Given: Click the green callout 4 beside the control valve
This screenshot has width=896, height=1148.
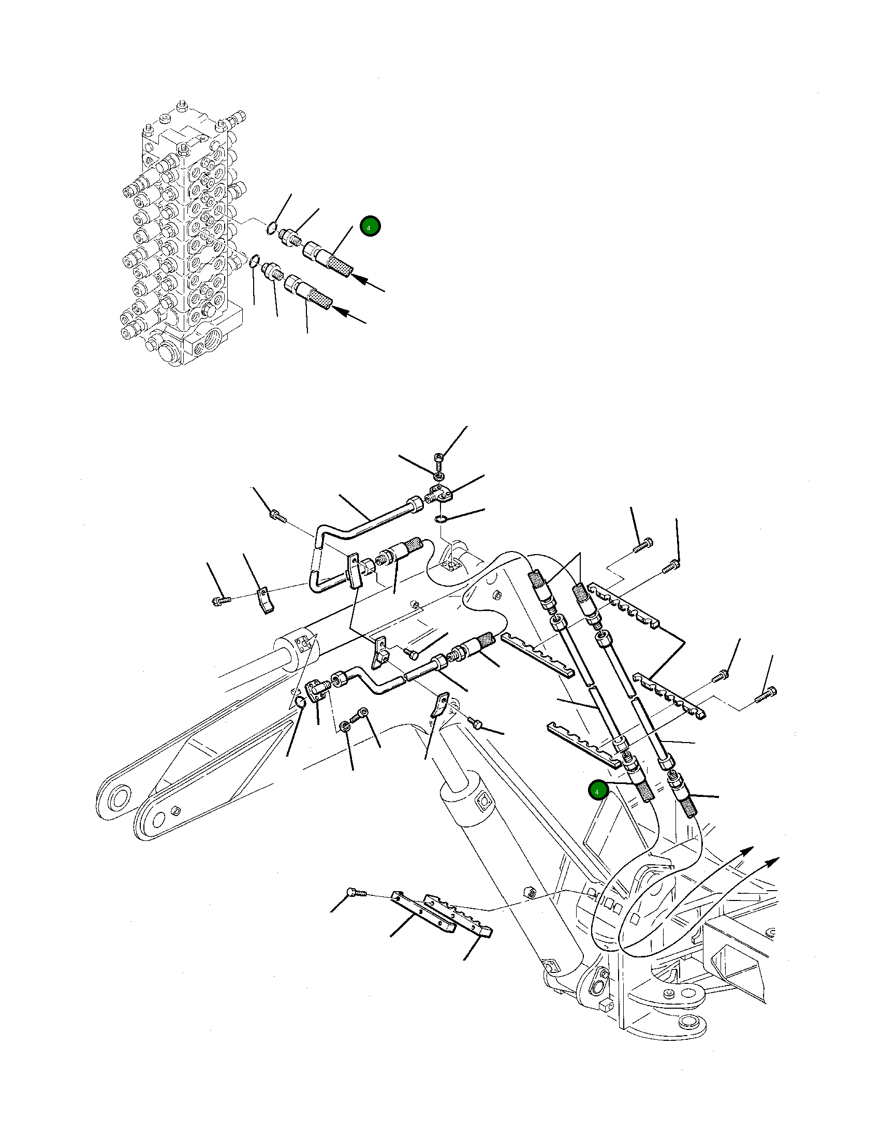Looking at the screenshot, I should click(370, 227).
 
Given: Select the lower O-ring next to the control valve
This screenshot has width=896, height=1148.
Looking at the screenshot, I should click(254, 260).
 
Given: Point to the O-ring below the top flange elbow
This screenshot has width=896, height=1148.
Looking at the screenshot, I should click(441, 519).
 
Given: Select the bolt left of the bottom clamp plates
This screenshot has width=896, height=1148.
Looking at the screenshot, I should click(354, 892).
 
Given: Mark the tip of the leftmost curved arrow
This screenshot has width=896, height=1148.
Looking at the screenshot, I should click(753, 847).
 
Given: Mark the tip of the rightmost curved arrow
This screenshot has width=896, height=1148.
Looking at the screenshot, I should click(779, 859).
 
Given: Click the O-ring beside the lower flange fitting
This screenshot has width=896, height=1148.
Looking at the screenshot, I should click(300, 703).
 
